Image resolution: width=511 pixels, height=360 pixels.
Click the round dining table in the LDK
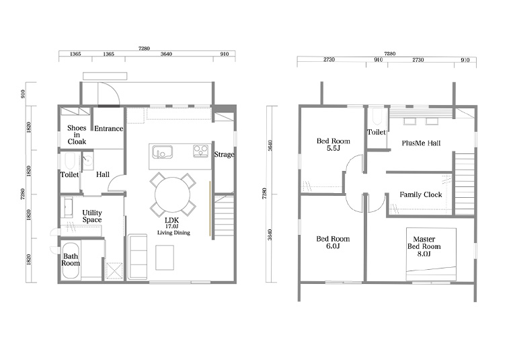(172, 195)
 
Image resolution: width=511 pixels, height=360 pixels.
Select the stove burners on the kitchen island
(200, 151)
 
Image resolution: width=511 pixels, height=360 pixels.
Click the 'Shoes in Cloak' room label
(77, 135)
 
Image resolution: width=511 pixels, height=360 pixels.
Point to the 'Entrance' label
(108, 129)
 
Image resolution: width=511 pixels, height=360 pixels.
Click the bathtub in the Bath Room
(71, 260)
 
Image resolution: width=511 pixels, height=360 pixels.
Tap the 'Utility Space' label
(92, 216)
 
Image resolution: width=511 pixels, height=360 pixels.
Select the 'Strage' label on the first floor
(224, 154)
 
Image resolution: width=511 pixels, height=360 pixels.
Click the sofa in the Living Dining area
(137, 256)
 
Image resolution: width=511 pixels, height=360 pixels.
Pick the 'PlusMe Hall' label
(421, 143)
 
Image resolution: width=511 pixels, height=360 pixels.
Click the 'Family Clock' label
(421, 194)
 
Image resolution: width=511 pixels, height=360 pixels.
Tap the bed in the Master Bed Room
(431, 254)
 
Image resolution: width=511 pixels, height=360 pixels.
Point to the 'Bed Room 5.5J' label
(333, 145)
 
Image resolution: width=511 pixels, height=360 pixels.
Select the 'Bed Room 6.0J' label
(333, 242)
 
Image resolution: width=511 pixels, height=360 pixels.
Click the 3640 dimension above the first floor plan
(166, 54)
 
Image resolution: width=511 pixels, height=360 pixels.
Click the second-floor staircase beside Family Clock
(464, 184)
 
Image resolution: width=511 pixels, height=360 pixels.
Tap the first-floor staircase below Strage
(224, 217)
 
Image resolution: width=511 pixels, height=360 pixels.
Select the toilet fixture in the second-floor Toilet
(377, 116)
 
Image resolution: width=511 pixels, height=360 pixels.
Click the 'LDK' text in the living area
(171, 221)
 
